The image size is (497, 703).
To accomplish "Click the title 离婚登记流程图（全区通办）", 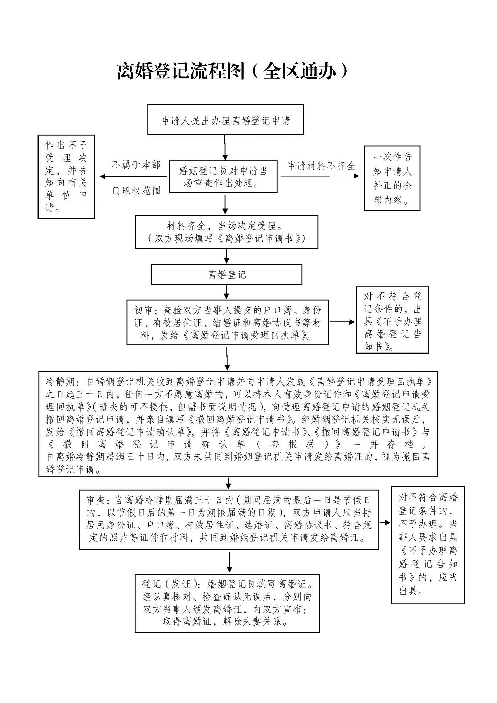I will [x=233, y=71].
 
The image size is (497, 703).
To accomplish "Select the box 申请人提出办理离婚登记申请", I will [x=226, y=120].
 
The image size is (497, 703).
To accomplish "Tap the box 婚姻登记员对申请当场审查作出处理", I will [x=223, y=177].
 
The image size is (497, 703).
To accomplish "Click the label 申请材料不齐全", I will [x=322, y=166].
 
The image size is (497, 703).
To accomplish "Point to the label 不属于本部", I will [x=136, y=165].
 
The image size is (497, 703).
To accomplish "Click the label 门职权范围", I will [x=136, y=190].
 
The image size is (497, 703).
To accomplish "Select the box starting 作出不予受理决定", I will [x=66, y=176].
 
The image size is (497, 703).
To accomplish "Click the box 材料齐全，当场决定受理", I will [x=227, y=232].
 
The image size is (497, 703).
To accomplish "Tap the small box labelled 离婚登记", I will [x=227, y=275].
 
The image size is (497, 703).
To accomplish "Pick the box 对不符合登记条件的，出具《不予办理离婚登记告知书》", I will [x=392, y=321].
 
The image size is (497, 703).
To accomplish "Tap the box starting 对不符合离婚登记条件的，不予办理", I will [x=427, y=544].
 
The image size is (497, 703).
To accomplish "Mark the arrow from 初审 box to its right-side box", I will [x=342, y=322].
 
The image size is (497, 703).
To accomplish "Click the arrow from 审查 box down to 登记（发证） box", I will [x=229, y=562].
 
